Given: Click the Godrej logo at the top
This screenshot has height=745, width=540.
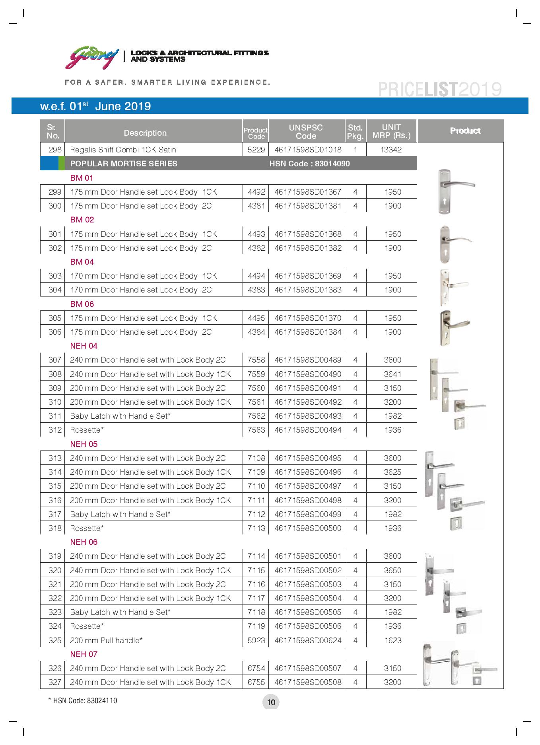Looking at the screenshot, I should pos(92,57).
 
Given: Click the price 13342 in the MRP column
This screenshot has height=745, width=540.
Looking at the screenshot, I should pos(391,150).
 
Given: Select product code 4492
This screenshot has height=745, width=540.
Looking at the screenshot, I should pos(256,192).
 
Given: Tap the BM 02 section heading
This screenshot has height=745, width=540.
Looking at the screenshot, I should pos(82,220).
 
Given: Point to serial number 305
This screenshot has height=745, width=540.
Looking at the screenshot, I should pos(55,318).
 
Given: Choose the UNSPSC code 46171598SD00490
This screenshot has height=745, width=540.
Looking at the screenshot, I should pos(307,374).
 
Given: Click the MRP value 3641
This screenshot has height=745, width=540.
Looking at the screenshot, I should pos(392,374).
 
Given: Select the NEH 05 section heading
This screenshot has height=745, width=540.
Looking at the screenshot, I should pos(84,444).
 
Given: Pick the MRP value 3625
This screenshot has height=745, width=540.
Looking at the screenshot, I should pos(392,472).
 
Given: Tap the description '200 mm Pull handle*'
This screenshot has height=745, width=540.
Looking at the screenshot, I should pos(106,640).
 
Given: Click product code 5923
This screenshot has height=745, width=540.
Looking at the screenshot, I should pos(256,640).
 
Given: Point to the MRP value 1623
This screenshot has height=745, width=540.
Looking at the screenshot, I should pos(392,640).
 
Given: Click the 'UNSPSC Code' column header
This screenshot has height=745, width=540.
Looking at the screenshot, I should pos(306,132).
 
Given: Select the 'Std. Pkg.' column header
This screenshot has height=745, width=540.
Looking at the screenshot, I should pos(355,132).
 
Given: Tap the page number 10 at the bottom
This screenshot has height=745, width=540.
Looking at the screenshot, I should pos(271,702).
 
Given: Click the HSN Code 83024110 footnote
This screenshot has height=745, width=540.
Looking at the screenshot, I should pos(83,701).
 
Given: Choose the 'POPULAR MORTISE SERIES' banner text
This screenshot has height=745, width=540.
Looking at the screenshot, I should pos(124,164).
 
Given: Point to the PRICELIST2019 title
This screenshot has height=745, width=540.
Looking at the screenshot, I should pos(439,90).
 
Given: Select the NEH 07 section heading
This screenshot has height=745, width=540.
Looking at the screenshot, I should pos(84,654).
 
